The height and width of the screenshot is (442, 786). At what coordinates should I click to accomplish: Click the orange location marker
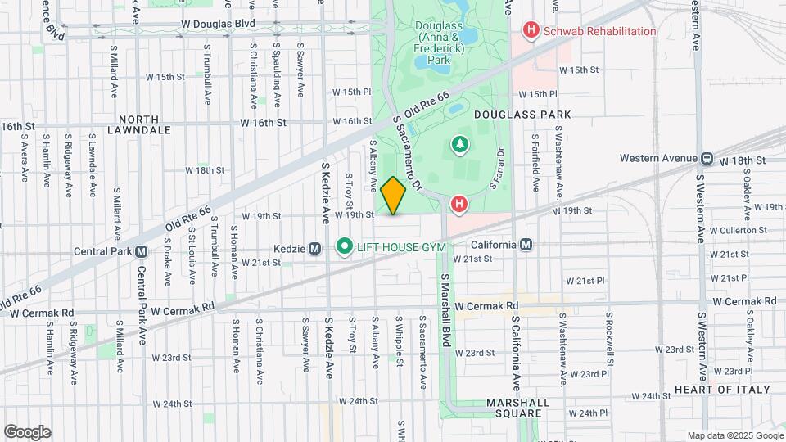point(393,196)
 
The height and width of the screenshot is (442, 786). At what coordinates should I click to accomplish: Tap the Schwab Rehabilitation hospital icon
point(531,31)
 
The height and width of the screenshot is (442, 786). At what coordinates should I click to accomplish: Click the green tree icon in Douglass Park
point(459,146)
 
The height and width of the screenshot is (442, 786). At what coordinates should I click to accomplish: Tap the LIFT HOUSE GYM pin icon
point(345,246)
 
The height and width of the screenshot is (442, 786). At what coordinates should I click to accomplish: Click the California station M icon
point(525,245)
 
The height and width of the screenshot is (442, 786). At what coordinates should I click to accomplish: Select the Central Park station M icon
point(141,251)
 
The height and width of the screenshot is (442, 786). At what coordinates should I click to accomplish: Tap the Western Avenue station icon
point(704,158)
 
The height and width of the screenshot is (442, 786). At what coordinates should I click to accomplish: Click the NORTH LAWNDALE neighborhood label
point(144,124)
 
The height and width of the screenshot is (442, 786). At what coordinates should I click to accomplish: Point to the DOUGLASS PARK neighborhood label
point(533,115)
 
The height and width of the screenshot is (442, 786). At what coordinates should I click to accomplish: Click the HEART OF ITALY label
point(722,389)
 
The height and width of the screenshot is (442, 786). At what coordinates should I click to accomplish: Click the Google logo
point(28,432)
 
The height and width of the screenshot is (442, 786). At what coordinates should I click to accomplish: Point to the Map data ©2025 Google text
point(734,435)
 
